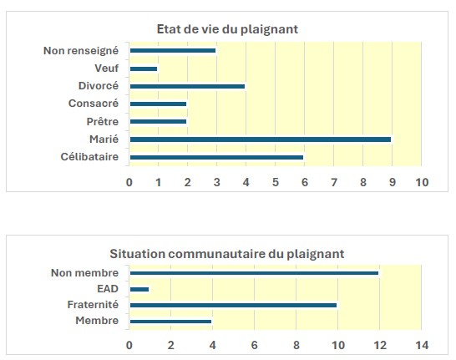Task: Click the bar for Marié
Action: [x=261, y=139]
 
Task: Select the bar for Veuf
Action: [x=144, y=68]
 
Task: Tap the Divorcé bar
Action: [x=188, y=86]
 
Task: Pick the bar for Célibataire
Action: [x=217, y=156]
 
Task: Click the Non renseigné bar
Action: [x=173, y=51]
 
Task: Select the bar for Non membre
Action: [x=254, y=272]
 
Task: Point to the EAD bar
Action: [x=139, y=289]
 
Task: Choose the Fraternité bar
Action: [x=233, y=305]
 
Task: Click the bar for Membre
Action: [x=170, y=322]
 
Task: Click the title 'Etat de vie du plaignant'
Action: [x=227, y=29]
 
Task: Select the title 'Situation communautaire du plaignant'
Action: [x=227, y=253]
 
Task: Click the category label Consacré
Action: [x=94, y=104]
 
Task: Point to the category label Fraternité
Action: [x=94, y=305]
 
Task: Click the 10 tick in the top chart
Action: [x=421, y=181]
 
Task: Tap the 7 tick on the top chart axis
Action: [x=334, y=181]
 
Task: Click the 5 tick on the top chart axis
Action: [x=276, y=181]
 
